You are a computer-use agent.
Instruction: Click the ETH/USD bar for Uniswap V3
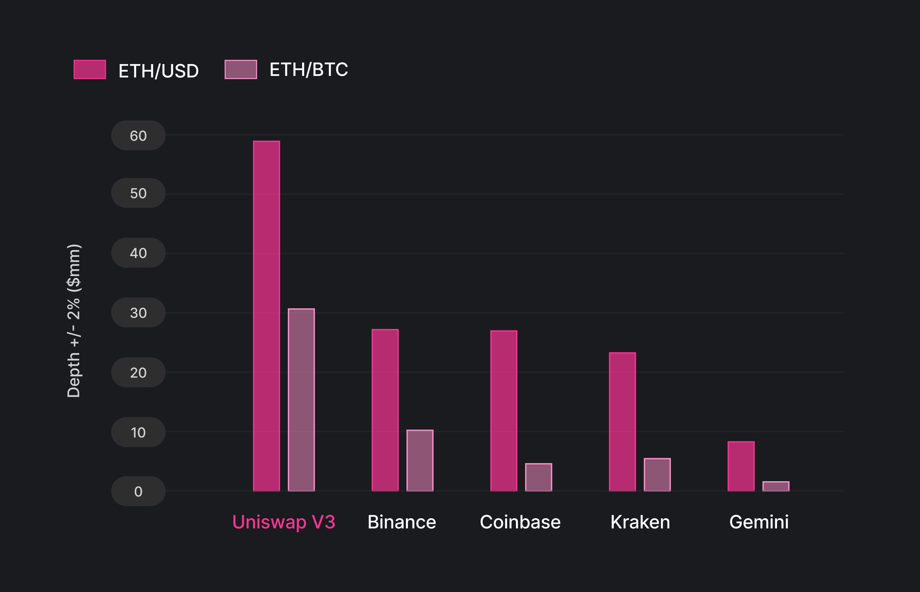click(266, 316)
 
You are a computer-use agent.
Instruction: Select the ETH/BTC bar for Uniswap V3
click(301, 400)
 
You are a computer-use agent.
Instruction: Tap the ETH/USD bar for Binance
click(385, 410)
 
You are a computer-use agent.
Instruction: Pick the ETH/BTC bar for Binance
click(420, 460)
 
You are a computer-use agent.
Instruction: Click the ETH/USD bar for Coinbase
click(504, 411)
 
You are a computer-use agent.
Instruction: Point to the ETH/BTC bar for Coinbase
click(539, 477)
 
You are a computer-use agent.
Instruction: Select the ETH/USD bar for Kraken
click(623, 422)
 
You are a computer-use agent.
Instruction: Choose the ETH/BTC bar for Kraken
click(657, 475)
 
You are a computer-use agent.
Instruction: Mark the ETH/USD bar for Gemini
click(741, 466)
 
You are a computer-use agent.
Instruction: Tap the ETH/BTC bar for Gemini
click(776, 486)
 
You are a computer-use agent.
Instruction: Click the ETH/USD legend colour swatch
click(90, 69)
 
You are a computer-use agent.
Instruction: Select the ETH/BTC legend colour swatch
click(241, 69)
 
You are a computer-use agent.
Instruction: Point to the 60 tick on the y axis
click(138, 136)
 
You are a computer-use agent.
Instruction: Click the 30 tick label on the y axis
click(138, 313)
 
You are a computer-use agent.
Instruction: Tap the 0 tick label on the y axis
click(138, 492)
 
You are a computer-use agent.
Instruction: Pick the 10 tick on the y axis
click(138, 432)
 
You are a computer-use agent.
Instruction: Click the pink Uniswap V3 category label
click(284, 522)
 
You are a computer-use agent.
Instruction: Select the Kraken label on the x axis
click(640, 522)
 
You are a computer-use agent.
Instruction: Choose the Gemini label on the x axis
click(759, 522)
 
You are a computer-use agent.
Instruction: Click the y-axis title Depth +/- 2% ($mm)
click(73, 321)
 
